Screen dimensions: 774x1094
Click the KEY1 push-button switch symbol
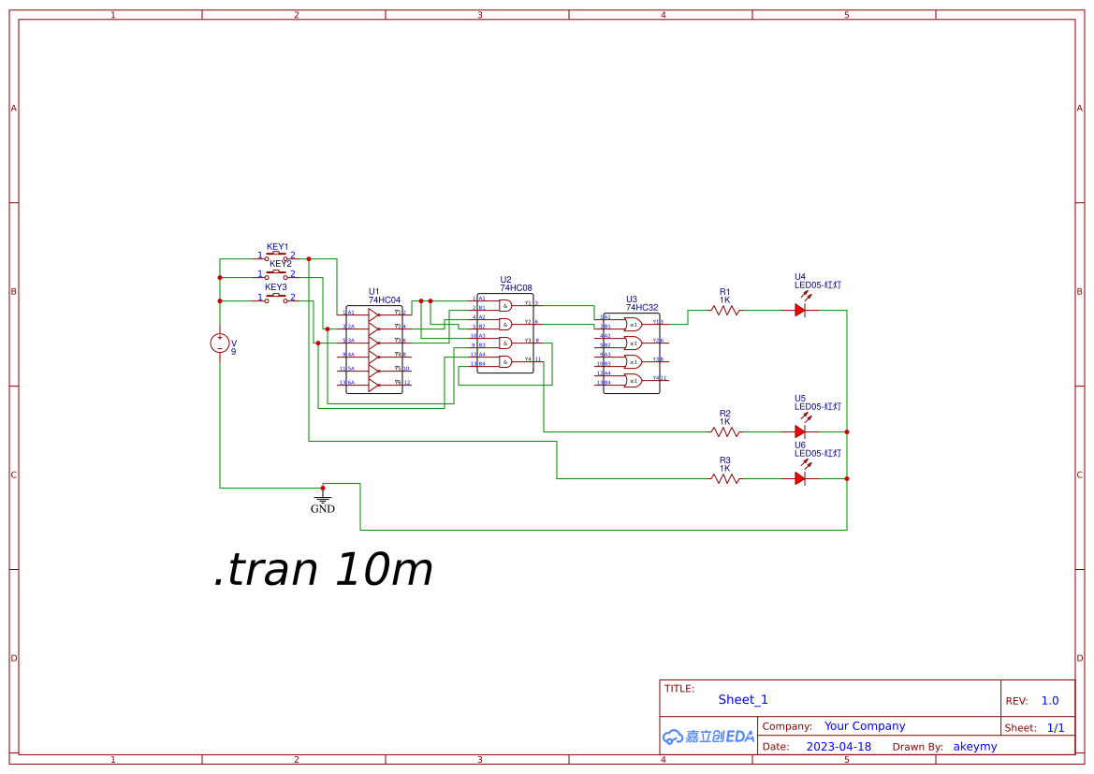coord(277,256)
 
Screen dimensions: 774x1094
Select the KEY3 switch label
coord(276,287)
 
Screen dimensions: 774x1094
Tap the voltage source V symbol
coord(220,343)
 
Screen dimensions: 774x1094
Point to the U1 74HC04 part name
coord(387,299)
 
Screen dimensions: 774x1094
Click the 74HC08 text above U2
coord(516,288)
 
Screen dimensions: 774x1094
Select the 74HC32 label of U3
coord(642,307)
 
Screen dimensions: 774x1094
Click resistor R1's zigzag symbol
coord(725,310)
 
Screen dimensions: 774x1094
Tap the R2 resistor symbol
coord(725,431)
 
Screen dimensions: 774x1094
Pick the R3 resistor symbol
coord(725,478)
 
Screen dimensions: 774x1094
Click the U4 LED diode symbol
coord(800,310)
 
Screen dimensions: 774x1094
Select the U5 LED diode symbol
coord(800,431)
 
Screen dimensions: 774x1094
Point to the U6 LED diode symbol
coord(800,478)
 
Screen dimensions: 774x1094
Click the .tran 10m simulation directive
coord(323,569)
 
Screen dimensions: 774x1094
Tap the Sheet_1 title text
coord(743,699)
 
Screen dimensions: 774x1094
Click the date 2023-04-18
coord(839,747)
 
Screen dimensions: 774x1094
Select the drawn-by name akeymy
coord(975,747)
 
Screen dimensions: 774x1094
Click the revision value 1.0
coord(1050,700)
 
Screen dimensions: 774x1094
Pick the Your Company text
coord(865,726)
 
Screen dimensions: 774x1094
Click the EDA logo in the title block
coord(708,737)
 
